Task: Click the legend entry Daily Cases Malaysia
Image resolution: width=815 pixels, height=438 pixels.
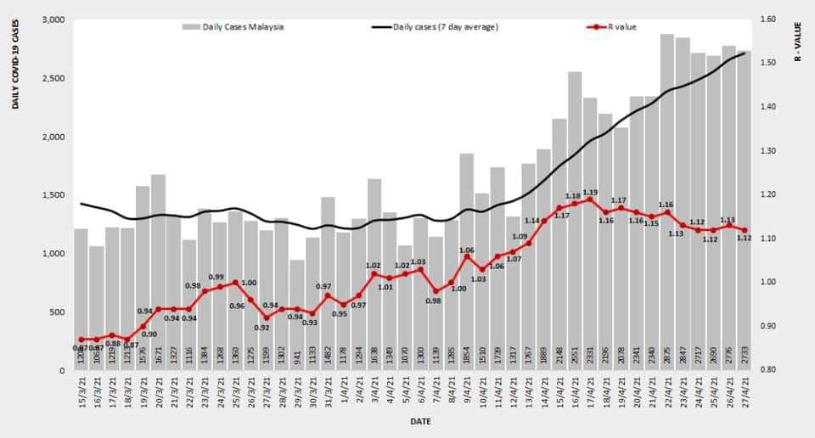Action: tap(233, 26)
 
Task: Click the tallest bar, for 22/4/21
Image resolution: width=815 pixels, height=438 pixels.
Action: tap(667, 204)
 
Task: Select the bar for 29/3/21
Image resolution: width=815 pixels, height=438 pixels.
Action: tap(296, 314)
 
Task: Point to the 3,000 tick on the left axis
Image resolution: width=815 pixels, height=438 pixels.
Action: tap(53, 20)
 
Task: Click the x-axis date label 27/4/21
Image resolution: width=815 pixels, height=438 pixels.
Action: tap(745, 395)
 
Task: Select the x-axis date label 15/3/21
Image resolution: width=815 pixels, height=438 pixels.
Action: tap(81, 395)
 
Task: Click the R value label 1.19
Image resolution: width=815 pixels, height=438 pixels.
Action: tap(591, 192)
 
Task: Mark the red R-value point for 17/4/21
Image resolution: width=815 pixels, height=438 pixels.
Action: tap(589, 199)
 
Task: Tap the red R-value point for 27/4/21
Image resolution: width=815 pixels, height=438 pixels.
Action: tap(745, 230)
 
